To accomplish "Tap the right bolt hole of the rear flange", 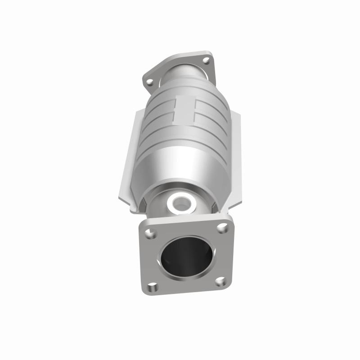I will pyautogui.click(x=206, y=60).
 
